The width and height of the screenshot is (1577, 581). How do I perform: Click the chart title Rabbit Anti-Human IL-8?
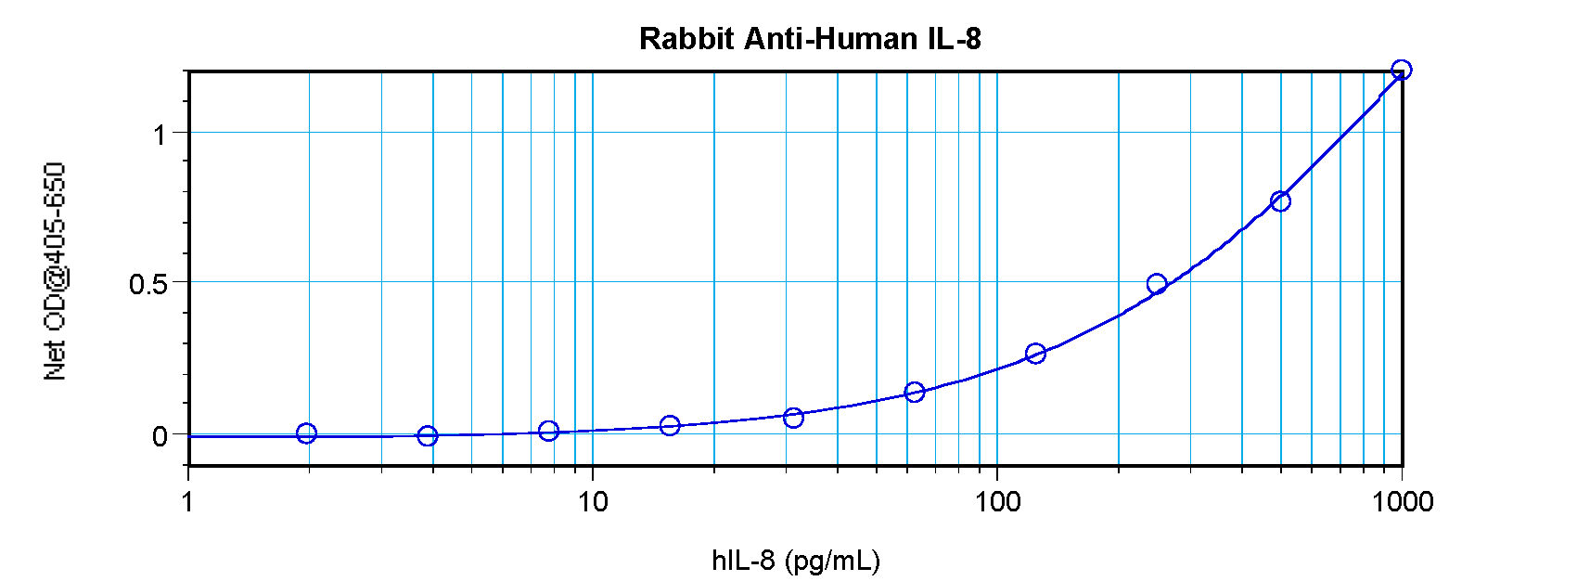[x=810, y=39]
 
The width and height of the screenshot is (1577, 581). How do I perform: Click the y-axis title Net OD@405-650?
[x=56, y=271]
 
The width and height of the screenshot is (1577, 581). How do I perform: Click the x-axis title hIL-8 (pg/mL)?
[x=796, y=561]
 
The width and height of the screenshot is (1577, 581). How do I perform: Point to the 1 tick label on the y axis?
[x=160, y=135]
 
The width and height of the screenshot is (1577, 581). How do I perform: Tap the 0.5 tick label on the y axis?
[x=148, y=284]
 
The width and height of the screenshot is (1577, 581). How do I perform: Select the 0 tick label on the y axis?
[x=160, y=436]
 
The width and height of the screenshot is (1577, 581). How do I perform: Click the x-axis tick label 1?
[x=188, y=502]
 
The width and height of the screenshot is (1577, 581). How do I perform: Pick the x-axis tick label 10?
[x=592, y=502]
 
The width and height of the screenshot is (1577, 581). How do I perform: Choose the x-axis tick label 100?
[x=997, y=502]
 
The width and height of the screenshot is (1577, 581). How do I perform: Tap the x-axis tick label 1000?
[x=1402, y=502]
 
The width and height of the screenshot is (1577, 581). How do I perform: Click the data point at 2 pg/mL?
[x=307, y=433]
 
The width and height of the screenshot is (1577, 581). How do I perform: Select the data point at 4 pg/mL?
[x=427, y=435]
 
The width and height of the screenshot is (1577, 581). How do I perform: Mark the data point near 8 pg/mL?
[x=548, y=431]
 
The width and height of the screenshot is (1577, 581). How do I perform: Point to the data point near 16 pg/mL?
[x=670, y=425]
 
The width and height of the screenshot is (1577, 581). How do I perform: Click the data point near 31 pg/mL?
[x=793, y=418]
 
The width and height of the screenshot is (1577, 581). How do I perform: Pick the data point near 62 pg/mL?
[x=915, y=393]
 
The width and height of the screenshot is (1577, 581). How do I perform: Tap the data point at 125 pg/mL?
[x=1036, y=354]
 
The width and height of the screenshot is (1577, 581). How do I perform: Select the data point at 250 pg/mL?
[x=1157, y=284]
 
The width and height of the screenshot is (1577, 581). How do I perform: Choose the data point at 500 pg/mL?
[x=1280, y=201]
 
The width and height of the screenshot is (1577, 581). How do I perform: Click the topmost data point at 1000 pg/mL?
[x=1402, y=70]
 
